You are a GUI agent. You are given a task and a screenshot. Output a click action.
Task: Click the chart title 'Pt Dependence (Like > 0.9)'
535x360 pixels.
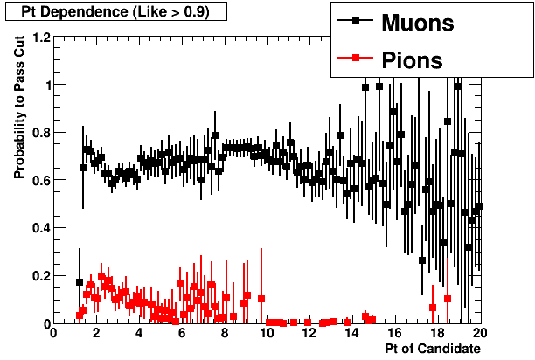(115, 11)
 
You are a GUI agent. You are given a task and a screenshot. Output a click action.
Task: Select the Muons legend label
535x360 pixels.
(418, 23)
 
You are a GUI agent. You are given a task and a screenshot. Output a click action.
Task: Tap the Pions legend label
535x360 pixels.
(412, 60)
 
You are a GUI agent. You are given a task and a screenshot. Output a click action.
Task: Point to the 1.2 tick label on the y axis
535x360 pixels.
(38, 38)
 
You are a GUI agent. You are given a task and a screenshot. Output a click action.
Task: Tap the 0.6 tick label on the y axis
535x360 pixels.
(38, 181)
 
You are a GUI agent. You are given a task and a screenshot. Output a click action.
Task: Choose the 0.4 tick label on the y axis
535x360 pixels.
(38, 228)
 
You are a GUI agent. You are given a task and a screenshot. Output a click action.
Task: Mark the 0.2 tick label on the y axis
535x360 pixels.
(38, 276)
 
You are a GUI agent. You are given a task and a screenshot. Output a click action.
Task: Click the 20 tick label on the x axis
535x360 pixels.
(479, 333)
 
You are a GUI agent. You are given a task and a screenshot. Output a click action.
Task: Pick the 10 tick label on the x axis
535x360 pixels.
(267, 333)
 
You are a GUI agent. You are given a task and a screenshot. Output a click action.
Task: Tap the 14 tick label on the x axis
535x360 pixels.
(351, 333)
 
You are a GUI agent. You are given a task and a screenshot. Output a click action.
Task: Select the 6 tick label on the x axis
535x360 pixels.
(182, 333)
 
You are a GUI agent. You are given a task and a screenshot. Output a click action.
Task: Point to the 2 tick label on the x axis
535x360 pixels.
(96, 333)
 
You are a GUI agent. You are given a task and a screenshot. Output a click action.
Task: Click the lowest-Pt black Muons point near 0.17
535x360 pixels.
(80, 282)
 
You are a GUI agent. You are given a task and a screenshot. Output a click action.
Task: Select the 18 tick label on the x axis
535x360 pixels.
(436, 333)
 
